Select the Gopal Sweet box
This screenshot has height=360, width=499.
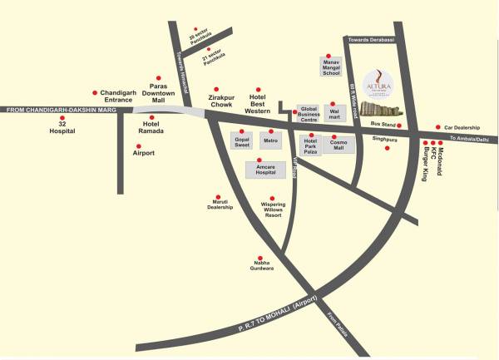(x=243, y=142)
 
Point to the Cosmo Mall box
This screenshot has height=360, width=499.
(x=341, y=143)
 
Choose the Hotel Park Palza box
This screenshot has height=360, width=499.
(x=311, y=145)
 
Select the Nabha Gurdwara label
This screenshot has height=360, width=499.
(x=261, y=266)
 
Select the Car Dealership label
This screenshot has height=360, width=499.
(x=455, y=127)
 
